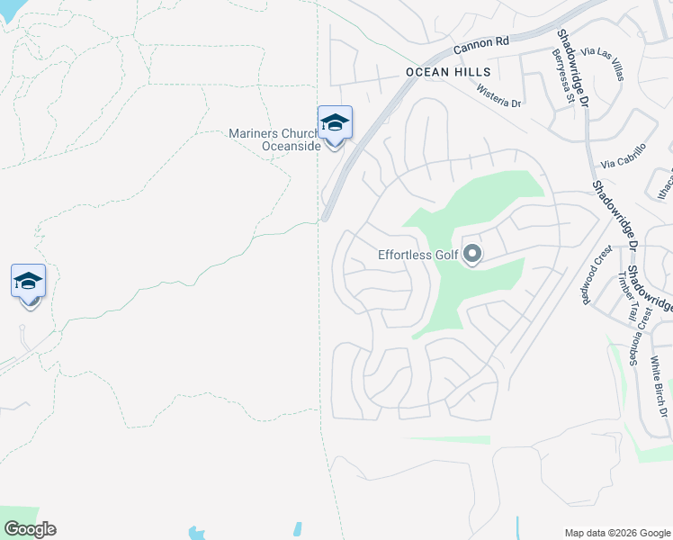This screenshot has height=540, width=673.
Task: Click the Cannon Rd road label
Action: click(481, 42)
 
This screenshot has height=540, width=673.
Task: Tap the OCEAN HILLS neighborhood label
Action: click(448, 72)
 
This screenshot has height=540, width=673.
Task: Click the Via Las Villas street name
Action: click(602, 66)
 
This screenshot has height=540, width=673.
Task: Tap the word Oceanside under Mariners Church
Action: click(291, 147)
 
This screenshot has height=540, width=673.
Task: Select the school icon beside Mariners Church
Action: click(335, 123)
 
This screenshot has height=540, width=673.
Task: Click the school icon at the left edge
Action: click(28, 281)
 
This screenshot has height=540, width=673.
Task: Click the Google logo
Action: click(30, 529)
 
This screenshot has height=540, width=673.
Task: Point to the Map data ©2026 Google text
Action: click(617, 532)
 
